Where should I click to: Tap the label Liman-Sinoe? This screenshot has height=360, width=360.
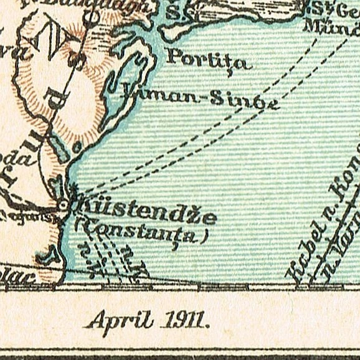click(199, 98)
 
